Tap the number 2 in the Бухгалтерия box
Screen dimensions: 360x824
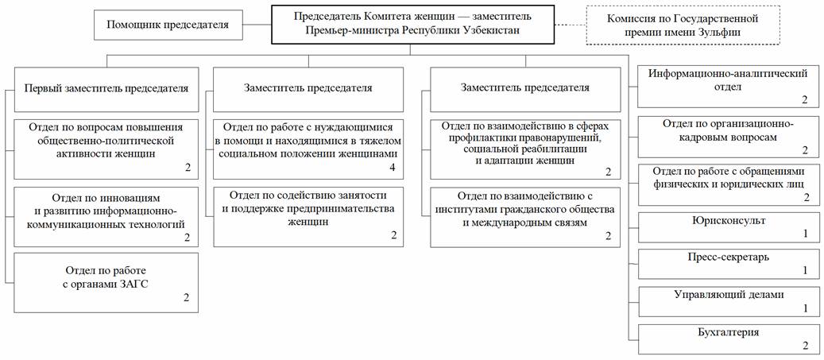pyautogui.click(x=804, y=345)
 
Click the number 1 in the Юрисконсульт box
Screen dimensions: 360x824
pyautogui.click(x=804, y=234)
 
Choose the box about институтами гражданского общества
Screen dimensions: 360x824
pyautogui.click(x=526, y=216)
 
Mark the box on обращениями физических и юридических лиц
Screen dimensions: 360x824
pyautogui.click(x=728, y=184)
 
